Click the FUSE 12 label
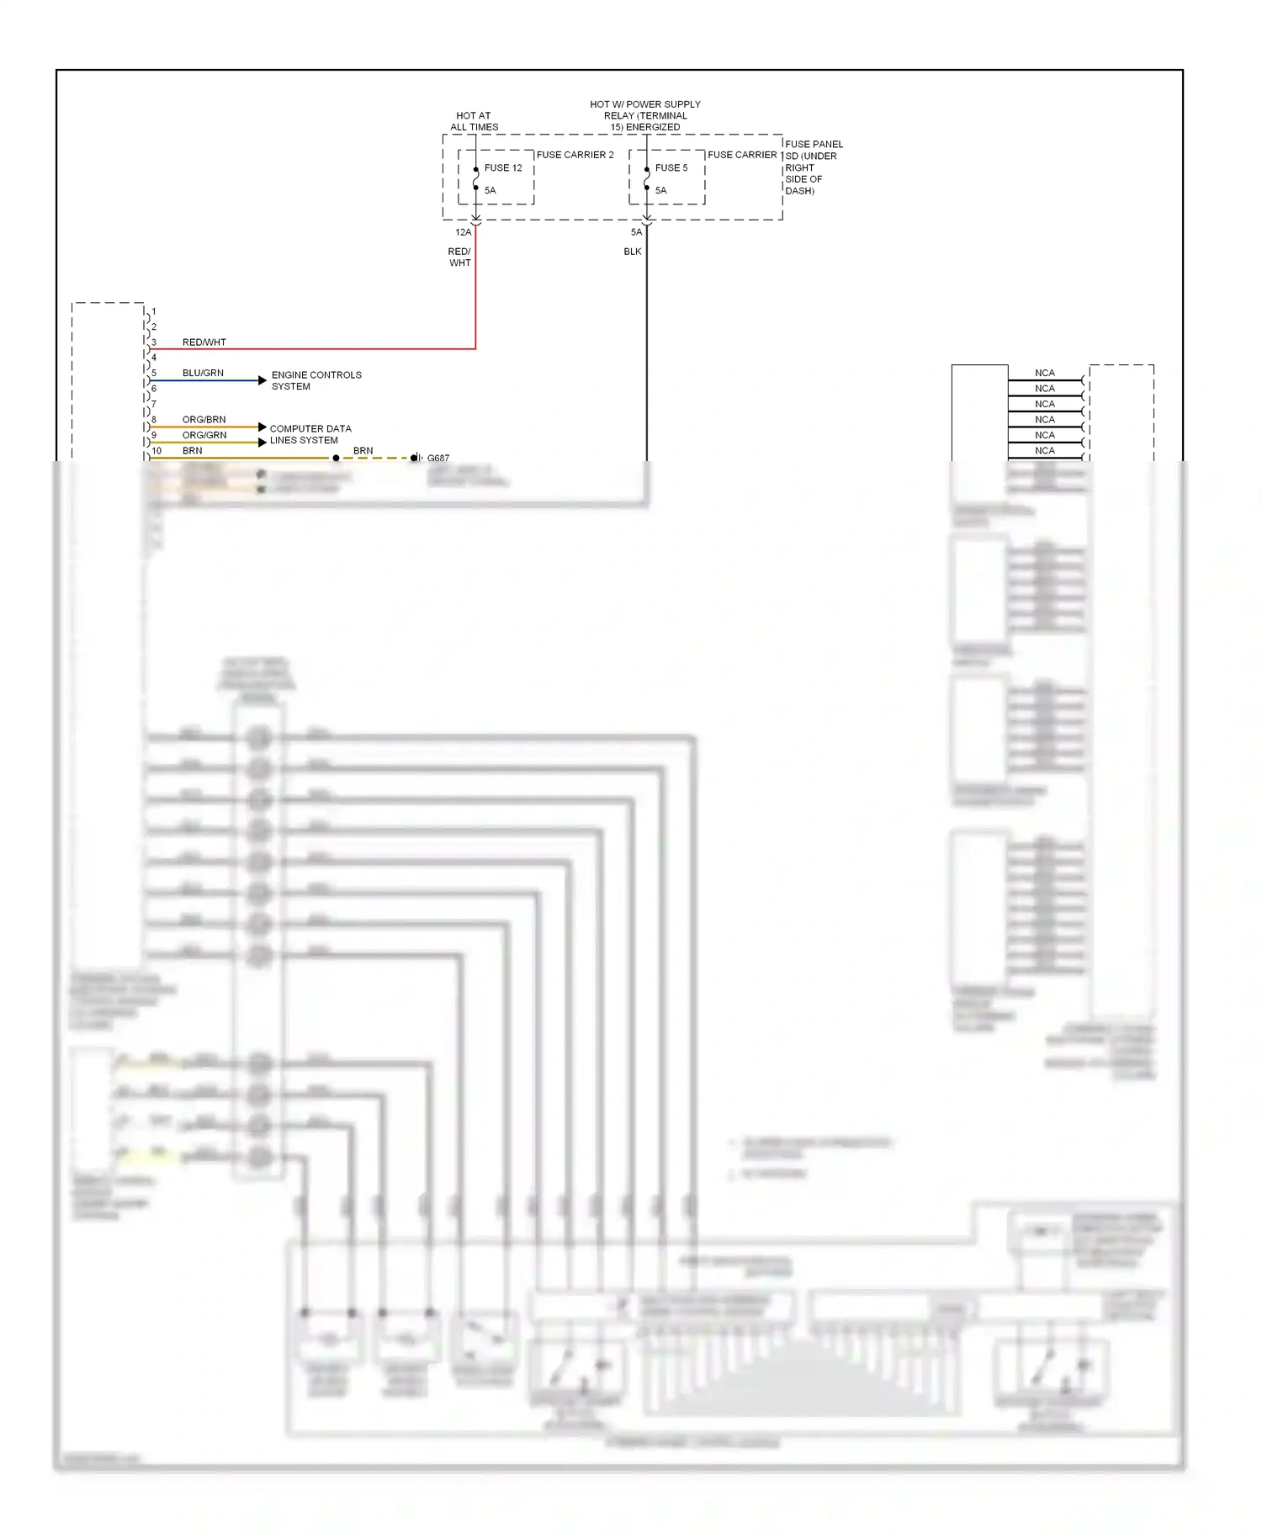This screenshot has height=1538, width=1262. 503,168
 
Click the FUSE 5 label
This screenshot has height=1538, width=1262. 671,168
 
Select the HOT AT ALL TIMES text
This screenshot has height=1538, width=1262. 474,121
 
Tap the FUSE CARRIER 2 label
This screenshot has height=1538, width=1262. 575,155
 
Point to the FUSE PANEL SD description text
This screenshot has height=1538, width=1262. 813,167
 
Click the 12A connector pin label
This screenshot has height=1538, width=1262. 463,232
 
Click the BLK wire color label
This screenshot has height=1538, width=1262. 632,252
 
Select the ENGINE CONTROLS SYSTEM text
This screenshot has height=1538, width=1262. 315,380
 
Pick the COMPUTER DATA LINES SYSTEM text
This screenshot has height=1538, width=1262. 310,434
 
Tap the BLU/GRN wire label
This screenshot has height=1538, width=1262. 203,373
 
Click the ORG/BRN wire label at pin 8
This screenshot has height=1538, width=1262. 204,419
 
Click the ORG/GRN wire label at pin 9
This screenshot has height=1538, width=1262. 204,435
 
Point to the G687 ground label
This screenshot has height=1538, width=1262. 438,459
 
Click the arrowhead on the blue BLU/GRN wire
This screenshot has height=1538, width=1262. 262,380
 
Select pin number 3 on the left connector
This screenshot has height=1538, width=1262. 154,342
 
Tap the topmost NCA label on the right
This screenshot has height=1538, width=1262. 1044,373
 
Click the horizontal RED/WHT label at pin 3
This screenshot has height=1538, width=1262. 204,342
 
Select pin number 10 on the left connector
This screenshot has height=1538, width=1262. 156,451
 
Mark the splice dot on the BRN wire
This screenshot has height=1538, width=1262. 336,459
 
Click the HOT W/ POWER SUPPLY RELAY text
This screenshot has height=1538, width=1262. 644,115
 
